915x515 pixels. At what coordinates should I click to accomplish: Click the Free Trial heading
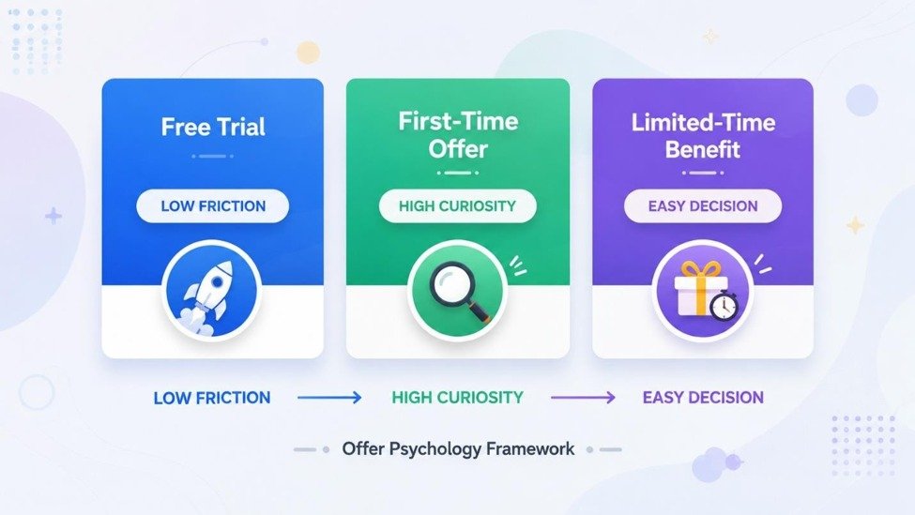(x=213, y=128)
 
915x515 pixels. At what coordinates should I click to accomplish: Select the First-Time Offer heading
(x=458, y=135)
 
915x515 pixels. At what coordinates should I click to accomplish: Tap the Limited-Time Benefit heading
(x=703, y=136)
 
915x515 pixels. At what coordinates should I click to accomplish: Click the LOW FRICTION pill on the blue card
(x=213, y=205)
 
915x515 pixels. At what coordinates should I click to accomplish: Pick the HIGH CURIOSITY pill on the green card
(x=458, y=205)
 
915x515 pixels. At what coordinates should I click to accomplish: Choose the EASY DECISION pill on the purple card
(x=703, y=205)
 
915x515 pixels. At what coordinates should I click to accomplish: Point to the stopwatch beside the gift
(x=724, y=305)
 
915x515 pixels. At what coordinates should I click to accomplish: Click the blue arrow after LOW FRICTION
(x=329, y=398)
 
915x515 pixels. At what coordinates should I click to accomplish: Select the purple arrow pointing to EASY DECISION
(x=583, y=398)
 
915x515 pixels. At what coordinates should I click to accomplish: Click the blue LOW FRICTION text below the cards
(x=212, y=398)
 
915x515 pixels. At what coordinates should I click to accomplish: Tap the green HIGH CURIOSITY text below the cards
(x=458, y=398)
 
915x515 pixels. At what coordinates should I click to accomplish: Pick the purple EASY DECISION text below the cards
(x=703, y=398)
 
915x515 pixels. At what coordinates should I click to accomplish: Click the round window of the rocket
(x=217, y=282)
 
